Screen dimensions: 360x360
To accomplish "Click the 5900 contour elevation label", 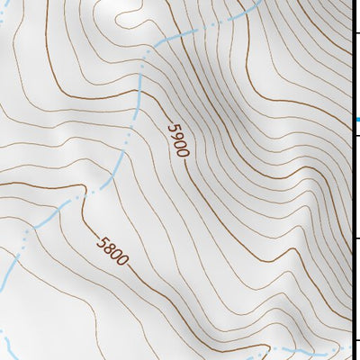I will click(x=177, y=139).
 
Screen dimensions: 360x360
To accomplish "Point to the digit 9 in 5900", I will click(x=175, y=134).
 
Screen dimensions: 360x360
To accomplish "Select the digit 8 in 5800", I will click(x=109, y=246).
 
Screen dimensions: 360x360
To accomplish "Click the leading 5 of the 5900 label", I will click(x=171, y=125).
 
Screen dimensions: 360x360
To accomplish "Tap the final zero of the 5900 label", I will click(x=183, y=152).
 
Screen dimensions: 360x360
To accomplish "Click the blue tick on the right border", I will click(x=356, y=119).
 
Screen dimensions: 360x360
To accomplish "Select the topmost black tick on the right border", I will click(x=356, y=33).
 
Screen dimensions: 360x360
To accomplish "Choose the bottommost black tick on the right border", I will click(x=356, y=339).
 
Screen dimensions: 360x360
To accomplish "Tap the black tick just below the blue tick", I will click(x=356, y=135).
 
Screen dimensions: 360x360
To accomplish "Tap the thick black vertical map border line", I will click(x=352, y=180).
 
